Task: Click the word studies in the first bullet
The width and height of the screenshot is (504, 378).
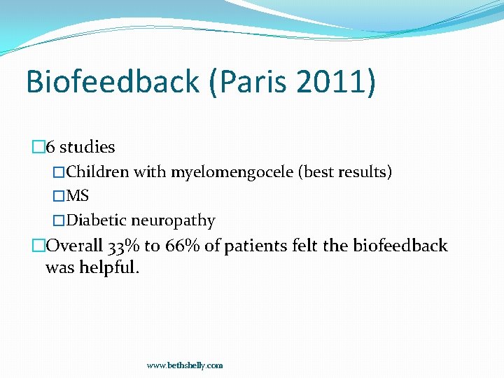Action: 87,147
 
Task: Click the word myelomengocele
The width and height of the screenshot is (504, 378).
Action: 232,171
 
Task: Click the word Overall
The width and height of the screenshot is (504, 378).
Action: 74,246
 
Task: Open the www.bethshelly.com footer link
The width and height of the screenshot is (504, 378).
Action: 185,365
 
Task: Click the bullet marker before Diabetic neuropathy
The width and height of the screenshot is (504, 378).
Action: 59,220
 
